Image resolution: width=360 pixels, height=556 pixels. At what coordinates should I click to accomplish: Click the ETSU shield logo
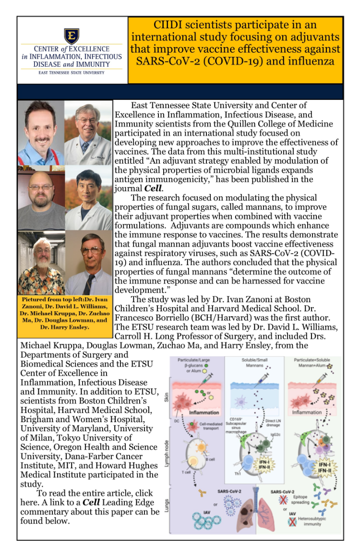point(72,36)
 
